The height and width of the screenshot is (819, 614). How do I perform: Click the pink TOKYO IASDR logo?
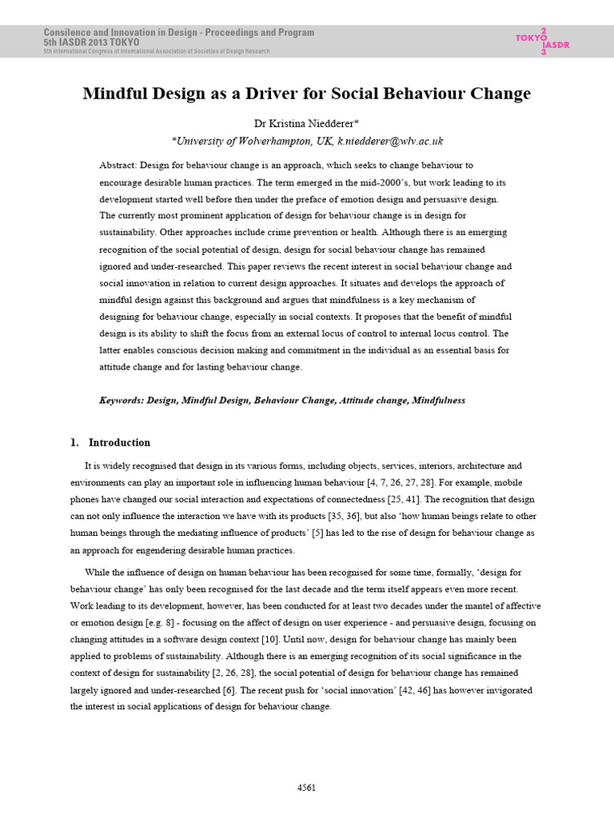click(x=533, y=41)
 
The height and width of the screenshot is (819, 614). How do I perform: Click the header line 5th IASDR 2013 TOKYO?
click(x=91, y=42)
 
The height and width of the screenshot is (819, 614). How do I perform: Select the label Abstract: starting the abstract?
click(x=118, y=165)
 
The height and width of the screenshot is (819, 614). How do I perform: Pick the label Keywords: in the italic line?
click(x=122, y=400)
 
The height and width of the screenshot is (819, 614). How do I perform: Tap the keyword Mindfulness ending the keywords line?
click(x=438, y=400)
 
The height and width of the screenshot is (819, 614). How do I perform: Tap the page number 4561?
click(x=306, y=788)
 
